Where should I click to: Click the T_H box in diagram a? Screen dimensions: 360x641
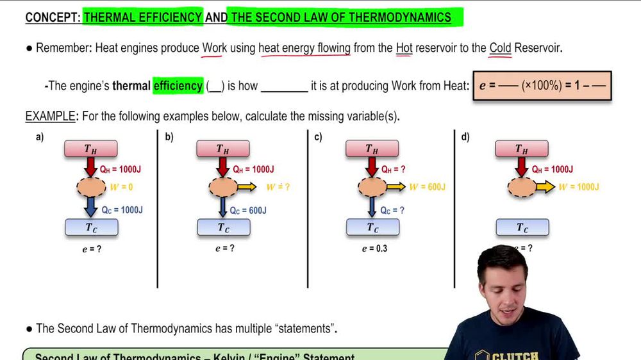(91, 149)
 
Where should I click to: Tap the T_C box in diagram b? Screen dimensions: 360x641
(223, 227)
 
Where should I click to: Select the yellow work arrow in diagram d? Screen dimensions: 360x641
(545, 187)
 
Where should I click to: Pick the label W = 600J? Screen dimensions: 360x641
(427, 187)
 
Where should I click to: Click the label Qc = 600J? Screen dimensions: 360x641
(249, 210)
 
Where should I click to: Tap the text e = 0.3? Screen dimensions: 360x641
(374, 249)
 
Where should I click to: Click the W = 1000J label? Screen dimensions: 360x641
(578, 187)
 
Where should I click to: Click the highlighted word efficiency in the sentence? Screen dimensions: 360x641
(178, 85)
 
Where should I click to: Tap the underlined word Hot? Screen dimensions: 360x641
(404, 48)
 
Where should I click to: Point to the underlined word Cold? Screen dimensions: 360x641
(500, 48)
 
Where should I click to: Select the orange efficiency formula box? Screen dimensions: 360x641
(542, 86)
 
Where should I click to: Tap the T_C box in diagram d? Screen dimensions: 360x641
(522, 227)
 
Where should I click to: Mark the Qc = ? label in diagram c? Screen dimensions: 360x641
(392, 210)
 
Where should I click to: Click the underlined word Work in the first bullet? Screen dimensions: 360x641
(215, 48)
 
